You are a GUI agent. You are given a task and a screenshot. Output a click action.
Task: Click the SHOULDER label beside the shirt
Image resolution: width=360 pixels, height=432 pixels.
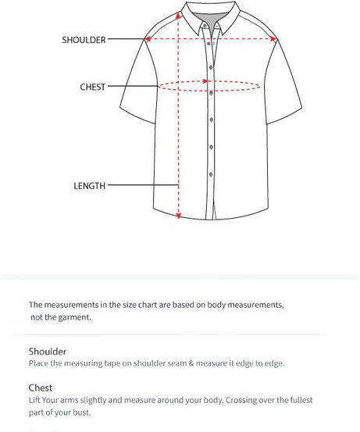[x=84, y=39]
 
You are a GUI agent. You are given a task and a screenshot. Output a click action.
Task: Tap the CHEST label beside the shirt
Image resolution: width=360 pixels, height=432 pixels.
[x=92, y=87]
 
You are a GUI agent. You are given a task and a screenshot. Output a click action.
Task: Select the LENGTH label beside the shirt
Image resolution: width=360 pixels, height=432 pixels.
[x=89, y=186]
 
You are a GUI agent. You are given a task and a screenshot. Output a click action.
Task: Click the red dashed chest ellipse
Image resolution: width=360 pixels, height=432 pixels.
[x=209, y=86]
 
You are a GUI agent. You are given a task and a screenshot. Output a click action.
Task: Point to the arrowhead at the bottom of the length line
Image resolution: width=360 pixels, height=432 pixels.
[x=180, y=216]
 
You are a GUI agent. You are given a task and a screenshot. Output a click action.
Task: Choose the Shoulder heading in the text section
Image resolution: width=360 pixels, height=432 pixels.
[x=48, y=352]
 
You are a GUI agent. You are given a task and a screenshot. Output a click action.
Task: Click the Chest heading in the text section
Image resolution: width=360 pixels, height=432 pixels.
[x=41, y=387]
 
